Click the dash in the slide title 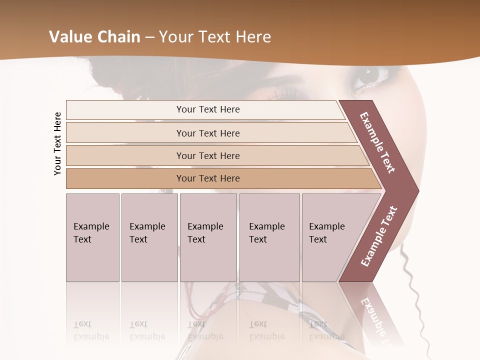(x=149, y=37)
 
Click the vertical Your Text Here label (x=57, y=143)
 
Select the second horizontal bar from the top (x=207, y=133)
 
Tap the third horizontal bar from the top (x=207, y=155)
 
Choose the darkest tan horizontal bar (x=207, y=178)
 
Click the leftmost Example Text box (x=92, y=237)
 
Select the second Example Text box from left (x=149, y=237)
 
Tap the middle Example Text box (x=208, y=237)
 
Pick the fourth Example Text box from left (x=269, y=237)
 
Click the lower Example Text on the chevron (x=379, y=236)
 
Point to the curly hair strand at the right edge (x=415, y=290)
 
